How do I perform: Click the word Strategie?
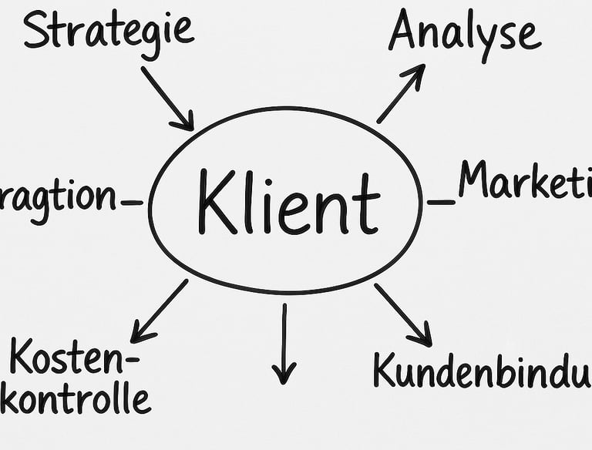pyautogui.click(x=108, y=29)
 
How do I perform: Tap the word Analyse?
pyautogui.click(x=463, y=32)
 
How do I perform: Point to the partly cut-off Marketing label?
pyautogui.click(x=524, y=182)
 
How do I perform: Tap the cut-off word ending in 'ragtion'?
pyautogui.click(x=58, y=197)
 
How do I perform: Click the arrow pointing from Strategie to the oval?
pyautogui.click(x=166, y=98)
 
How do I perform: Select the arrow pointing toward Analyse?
pyautogui.click(x=401, y=93)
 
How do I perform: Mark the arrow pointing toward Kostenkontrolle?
pyautogui.click(x=160, y=311)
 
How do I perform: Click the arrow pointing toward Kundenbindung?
pyautogui.click(x=402, y=314)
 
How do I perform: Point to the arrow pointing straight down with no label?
pyautogui.click(x=284, y=343)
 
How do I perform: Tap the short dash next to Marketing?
pyautogui.click(x=441, y=202)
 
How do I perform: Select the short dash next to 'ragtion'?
pyautogui.click(x=132, y=203)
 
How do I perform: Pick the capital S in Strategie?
pyautogui.click(x=35, y=29)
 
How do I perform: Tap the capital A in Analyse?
pyautogui.click(x=406, y=31)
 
